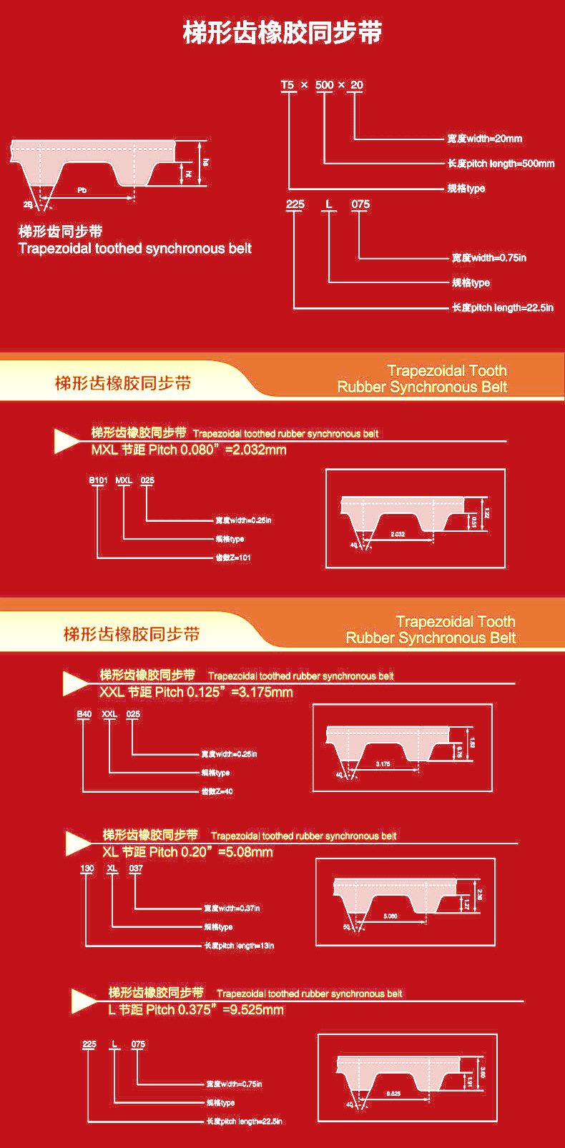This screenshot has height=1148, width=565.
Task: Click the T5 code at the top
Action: coord(288,85)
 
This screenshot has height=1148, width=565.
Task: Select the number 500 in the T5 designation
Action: coord(324,85)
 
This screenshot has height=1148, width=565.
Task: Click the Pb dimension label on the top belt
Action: coord(82,191)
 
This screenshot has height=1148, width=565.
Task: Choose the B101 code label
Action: coord(98,480)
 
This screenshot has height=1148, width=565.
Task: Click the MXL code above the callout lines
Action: coord(124,480)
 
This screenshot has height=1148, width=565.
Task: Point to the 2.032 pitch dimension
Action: coord(398,534)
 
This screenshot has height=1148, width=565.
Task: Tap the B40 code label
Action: coord(84,714)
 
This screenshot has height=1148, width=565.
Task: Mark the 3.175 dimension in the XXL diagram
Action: coord(383,764)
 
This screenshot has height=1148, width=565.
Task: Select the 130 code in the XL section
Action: coord(87,869)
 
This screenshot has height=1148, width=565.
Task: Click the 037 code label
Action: coord(136,869)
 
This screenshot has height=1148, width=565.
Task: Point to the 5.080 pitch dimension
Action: coord(390,916)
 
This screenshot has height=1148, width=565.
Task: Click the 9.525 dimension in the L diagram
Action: coord(393,1094)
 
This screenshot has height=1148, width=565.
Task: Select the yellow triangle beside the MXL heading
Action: coord(67,441)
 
